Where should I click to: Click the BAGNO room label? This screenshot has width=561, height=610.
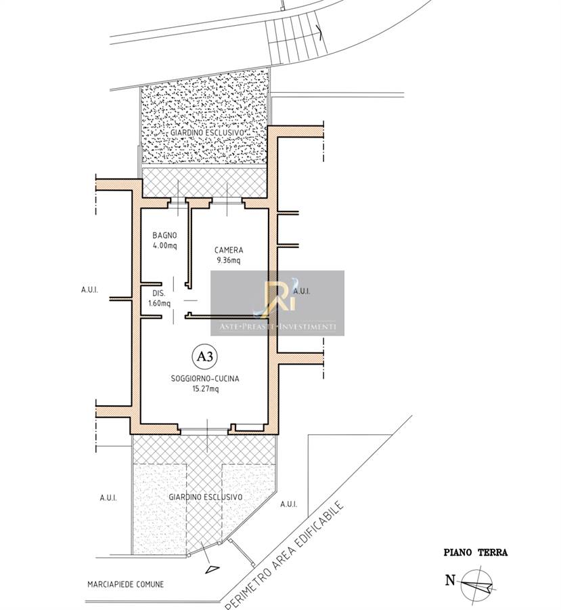(164, 235)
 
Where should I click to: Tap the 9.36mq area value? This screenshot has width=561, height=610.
(229, 261)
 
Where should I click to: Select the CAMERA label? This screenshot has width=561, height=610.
(229, 250)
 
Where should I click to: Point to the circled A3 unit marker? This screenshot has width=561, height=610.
(205, 357)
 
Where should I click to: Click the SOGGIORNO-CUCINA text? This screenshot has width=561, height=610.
(205, 378)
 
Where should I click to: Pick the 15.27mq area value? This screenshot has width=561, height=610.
(206, 388)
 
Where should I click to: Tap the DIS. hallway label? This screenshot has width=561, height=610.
(159, 293)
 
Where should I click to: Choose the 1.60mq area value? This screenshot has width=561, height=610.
(159, 304)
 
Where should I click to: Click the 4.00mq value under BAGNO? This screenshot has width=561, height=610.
(164, 245)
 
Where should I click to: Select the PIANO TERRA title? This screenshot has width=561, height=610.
(476, 552)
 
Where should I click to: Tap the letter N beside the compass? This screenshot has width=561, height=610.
(450, 580)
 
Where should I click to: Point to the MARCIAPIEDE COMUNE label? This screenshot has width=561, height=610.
(125, 584)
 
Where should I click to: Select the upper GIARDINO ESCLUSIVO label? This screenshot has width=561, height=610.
(208, 133)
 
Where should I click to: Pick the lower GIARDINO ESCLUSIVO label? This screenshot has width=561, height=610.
(206, 497)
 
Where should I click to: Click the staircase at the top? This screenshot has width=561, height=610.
(297, 37)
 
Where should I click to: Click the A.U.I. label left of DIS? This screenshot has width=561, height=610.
(89, 290)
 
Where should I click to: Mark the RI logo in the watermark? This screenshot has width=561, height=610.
(278, 295)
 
